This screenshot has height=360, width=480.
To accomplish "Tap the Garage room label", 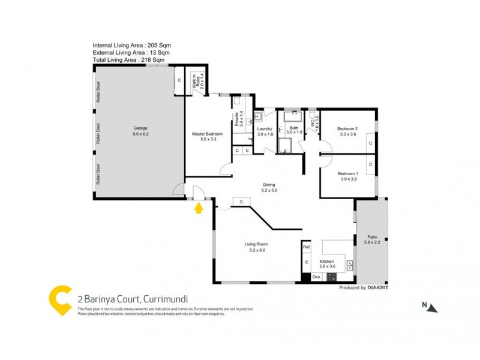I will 140,131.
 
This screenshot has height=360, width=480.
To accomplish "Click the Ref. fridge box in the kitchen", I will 306,247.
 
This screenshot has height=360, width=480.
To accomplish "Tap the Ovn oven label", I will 316,277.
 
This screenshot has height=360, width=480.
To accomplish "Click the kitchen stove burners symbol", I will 331,277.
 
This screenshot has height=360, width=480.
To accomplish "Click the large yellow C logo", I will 61,301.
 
